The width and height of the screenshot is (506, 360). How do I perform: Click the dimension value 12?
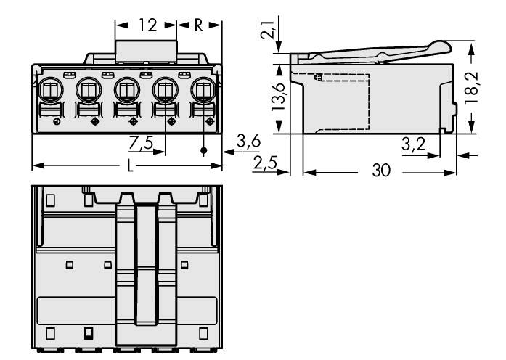pyautogui.click(x=147, y=25)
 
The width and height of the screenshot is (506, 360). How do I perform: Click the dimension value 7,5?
pyautogui.click(x=141, y=143)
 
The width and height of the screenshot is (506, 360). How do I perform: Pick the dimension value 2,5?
pyautogui.click(x=266, y=164)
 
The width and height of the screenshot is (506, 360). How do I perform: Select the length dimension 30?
pyautogui.click(x=379, y=171)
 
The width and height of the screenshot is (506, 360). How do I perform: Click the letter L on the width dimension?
pyautogui.click(x=130, y=166)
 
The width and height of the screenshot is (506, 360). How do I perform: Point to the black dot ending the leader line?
pyautogui.click(x=204, y=151)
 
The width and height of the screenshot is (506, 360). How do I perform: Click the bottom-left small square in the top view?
pyautogui.click(x=50, y=334)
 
